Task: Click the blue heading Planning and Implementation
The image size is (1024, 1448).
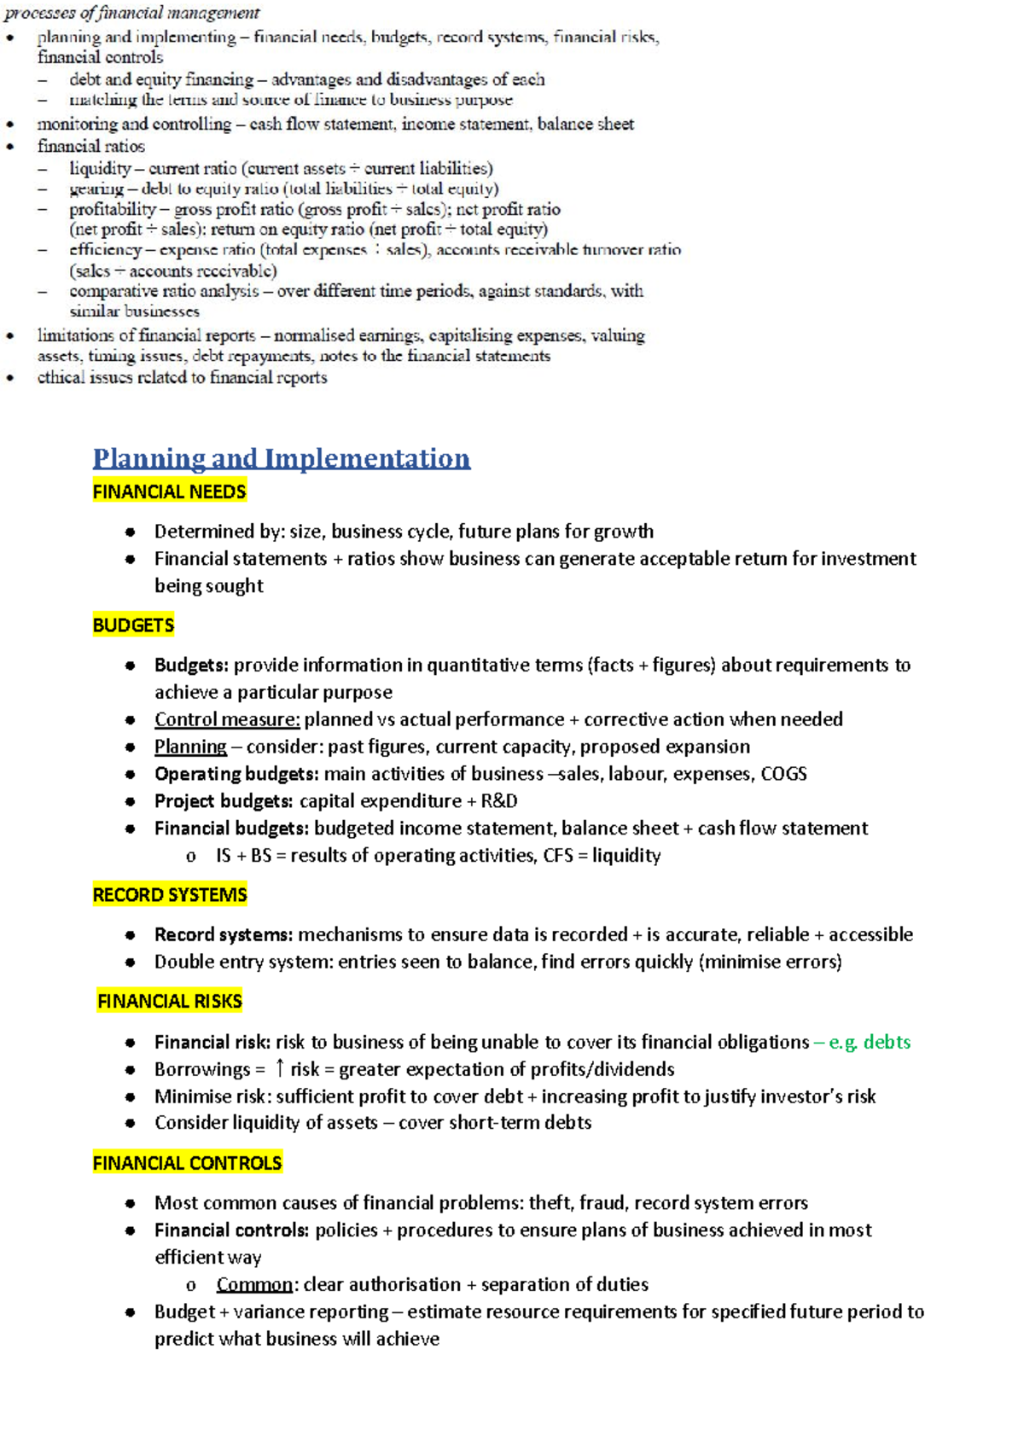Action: pyautogui.click(x=281, y=458)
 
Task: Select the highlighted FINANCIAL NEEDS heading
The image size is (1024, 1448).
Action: pyautogui.click(x=169, y=491)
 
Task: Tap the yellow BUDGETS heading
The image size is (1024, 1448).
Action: pyautogui.click(x=133, y=625)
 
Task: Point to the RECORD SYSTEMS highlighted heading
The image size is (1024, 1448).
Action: pyautogui.click(x=170, y=895)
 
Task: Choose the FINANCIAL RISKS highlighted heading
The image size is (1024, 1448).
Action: pyautogui.click(x=170, y=1001)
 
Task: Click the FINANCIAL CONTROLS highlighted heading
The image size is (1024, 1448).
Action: pyautogui.click(x=187, y=1163)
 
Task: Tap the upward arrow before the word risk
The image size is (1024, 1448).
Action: pyautogui.click(x=279, y=1068)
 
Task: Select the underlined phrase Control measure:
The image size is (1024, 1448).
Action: pyautogui.click(x=227, y=719)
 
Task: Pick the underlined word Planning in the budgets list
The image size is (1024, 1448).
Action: pyautogui.click(x=190, y=747)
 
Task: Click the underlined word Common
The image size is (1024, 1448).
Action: pyautogui.click(x=254, y=1284)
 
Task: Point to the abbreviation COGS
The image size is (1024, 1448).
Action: pyautogui.click(x=783, y=774)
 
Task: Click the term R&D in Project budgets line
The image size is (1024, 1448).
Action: pyautogui.click(x=499, y=801)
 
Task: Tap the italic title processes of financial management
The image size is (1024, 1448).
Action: pyautogui.click(x=132, y=13)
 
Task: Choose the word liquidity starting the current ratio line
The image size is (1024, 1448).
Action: pyautogui.click(x=100, y=168)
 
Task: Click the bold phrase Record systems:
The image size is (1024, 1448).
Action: pyautogui.click(x=223, y=934)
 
